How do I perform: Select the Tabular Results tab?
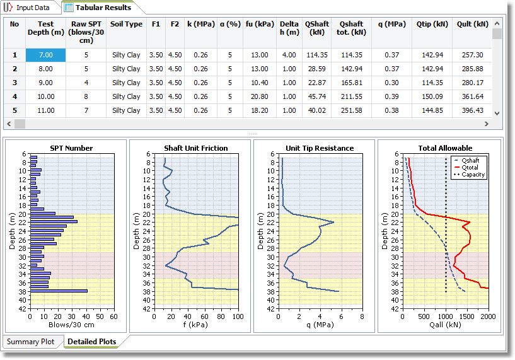103,8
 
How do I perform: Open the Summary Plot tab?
34,342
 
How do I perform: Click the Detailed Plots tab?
91,342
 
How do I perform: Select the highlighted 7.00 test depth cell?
45,55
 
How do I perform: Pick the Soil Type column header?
126,24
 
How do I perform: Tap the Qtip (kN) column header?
432,24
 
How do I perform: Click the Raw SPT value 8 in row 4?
86,96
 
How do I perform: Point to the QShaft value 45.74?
316,96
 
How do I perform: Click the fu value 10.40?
259,83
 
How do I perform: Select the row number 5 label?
14,110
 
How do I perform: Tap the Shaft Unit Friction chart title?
196,148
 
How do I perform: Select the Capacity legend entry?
473,175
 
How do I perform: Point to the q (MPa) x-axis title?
320,325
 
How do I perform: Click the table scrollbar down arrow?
497,112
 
